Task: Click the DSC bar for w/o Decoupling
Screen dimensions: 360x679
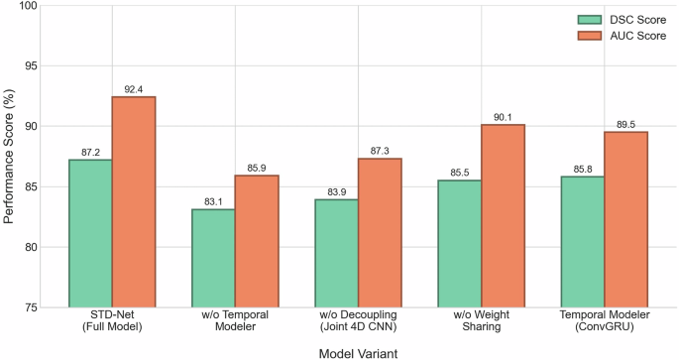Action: pos(336,253)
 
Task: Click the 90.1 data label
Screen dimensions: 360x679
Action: pos(503,117)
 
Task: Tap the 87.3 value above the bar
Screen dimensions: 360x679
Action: pos(380,151)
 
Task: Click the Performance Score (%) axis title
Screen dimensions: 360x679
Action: pos(9,157)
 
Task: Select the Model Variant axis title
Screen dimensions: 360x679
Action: pos(358,351)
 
